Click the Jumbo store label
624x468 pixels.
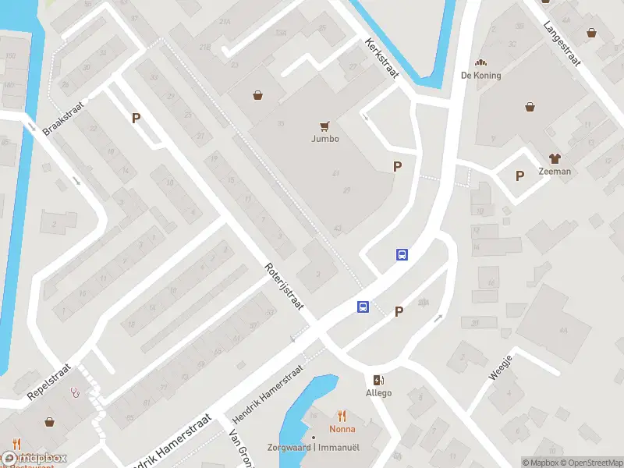pos(325,139)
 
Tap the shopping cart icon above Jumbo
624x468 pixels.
pos(325,126)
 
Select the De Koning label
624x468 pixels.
pos(481,76)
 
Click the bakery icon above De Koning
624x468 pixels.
pos(481,62)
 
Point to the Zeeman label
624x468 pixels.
pos(555,172)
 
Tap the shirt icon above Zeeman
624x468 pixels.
pos(555,158)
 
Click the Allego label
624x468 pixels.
pos(379,393)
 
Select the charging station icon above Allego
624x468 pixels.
pos(379,380)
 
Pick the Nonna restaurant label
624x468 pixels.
pos(342,429)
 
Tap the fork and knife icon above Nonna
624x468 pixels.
pos(342,416)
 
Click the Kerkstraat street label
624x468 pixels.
pos(381,58)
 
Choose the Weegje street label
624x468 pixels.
pos(501,367)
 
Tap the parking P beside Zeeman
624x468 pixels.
pos(519,175)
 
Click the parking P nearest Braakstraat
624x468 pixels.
pos(136,119)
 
